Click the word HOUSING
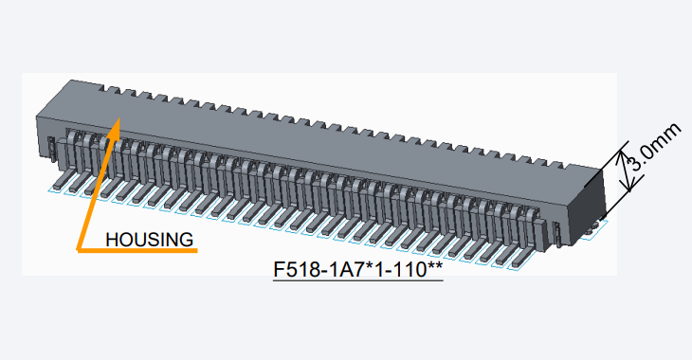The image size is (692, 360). (x=149, y=240)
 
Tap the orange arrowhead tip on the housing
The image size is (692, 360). (x=119, y=117)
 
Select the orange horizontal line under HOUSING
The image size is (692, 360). (x=137, y=250)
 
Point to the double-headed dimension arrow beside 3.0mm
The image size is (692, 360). (x=627, y=171)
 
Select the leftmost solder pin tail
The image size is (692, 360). (x=61, y=180)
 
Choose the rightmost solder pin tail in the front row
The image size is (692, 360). (x=519, y=261)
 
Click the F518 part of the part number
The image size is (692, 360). (x=296, y=270)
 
